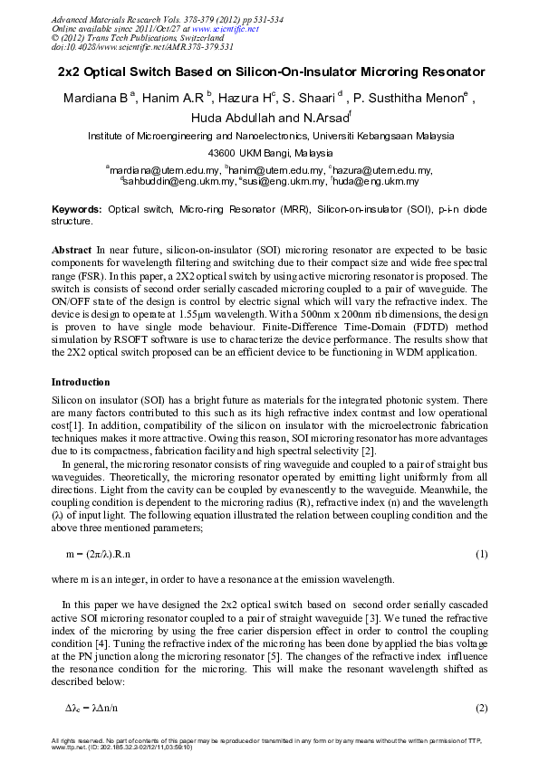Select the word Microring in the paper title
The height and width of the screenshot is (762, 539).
[367, 71]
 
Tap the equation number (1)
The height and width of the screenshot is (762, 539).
[482, 553]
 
